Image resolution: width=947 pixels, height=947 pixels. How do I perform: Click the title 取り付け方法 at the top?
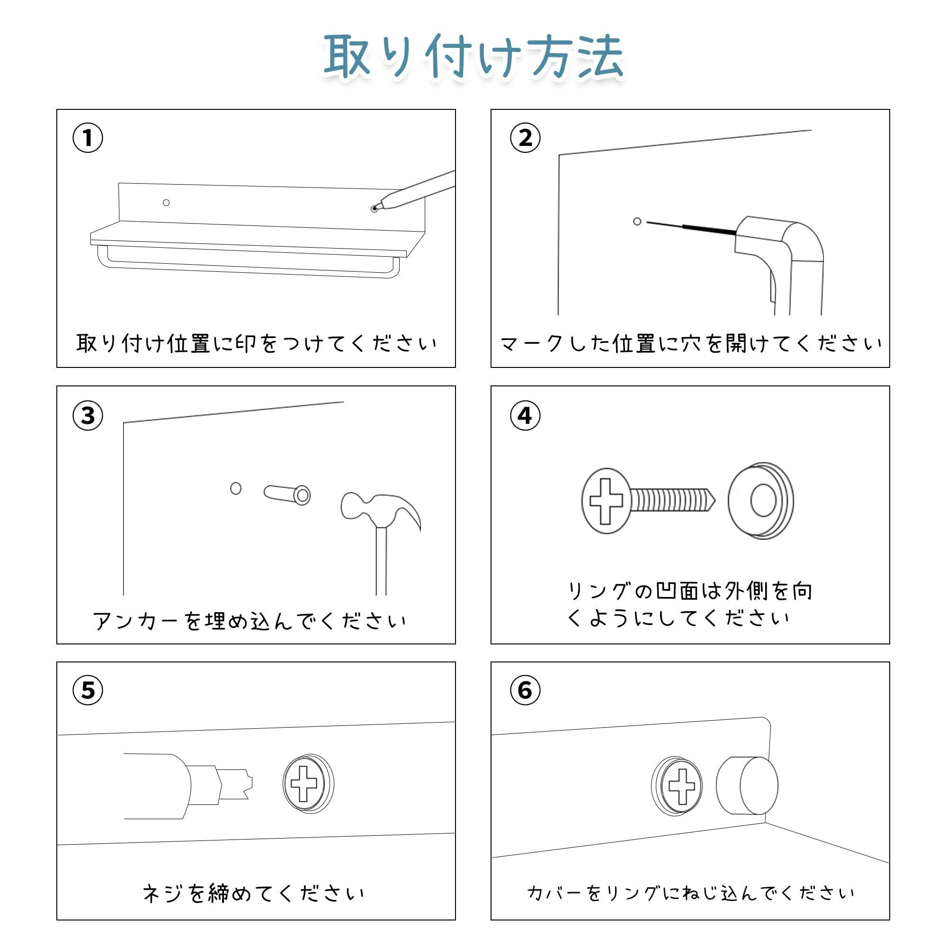[x=473, y=56]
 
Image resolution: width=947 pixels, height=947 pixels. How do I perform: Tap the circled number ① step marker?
[x=88, y=138]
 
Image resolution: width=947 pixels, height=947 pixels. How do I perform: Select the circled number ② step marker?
[x=525, y=138]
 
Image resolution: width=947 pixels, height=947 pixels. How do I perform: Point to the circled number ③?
[x=88, y=416]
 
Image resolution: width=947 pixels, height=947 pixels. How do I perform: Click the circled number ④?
[x=525, y=416]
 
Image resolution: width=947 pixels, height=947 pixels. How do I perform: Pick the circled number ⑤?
[x=88, y=690]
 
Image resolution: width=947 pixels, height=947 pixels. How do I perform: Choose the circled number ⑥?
[x=525, y=690]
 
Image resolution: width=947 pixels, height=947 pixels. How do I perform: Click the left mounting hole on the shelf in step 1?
[x=166, y=203]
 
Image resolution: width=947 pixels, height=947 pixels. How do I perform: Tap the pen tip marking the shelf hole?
[x=375, y=209]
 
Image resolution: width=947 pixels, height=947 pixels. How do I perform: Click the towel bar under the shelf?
[x=245, y=269]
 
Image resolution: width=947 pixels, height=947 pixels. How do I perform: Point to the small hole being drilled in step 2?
[x=637, y=222]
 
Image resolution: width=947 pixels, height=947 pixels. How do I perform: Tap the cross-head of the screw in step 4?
[x=606, y=501]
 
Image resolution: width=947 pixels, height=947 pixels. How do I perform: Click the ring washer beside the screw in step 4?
[x=761, y=500]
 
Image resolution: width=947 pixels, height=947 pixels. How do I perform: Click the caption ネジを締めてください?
[x=253, y=893]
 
